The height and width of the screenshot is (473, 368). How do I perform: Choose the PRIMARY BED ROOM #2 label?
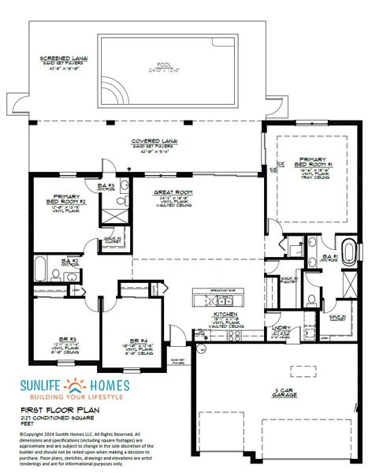tap(69, 199)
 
